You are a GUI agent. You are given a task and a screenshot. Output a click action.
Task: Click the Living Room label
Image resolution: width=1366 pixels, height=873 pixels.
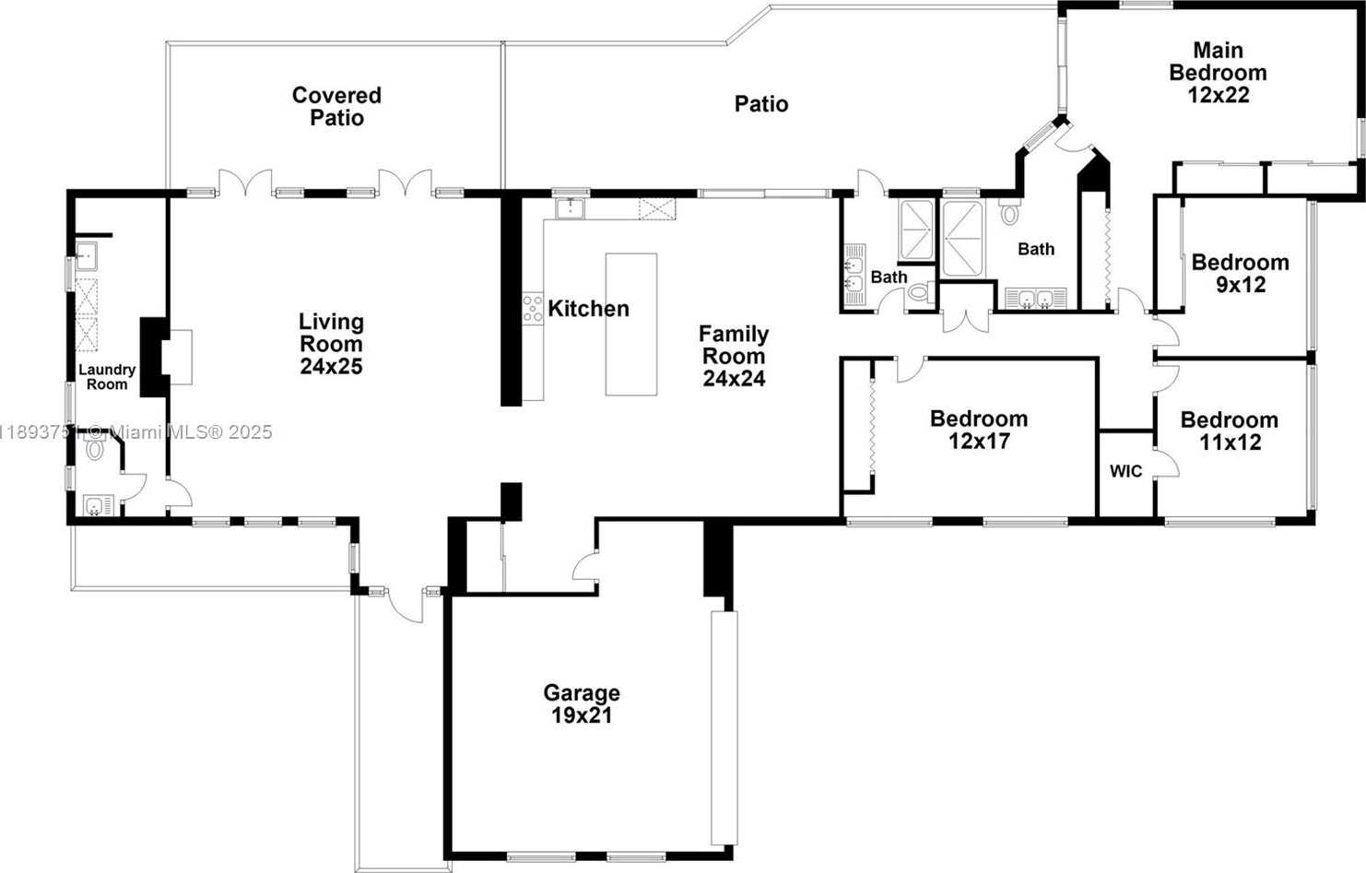click(331, 344)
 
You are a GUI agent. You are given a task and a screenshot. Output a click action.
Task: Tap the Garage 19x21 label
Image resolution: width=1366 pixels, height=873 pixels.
click(582, 703)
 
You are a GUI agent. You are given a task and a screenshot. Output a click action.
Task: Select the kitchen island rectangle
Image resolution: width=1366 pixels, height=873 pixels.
click(631, 324)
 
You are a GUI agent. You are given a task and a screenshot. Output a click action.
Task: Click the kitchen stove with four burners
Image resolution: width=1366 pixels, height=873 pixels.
click(533, 308)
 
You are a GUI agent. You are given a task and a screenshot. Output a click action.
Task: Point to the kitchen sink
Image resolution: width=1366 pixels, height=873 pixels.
click(570, 208)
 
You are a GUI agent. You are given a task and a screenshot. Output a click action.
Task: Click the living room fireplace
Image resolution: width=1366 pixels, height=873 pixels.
click(166, 357)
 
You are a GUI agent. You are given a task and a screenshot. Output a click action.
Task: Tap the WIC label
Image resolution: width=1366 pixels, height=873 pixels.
click(1125, 471)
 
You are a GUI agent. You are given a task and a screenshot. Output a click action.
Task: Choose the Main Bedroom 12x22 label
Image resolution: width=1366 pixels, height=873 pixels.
click(1218, 72)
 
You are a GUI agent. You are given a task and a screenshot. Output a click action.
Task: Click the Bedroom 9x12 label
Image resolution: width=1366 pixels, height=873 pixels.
click(1241, 273)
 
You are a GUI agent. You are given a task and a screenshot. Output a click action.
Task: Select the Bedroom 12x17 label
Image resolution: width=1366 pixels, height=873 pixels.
click(979, 430)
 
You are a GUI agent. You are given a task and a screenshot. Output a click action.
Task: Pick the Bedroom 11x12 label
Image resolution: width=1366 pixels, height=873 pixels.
click(1230, 431)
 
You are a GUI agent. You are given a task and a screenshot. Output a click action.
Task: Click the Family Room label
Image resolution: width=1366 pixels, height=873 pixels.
click(734, 356)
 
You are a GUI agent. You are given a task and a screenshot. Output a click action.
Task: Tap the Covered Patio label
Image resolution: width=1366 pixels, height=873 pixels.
click(336, 106)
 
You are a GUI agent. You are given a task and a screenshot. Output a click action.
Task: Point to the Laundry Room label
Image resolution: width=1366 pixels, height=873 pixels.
click(107, 377)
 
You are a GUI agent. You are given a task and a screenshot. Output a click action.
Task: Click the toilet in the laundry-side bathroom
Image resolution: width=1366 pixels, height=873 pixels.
click(95, 449)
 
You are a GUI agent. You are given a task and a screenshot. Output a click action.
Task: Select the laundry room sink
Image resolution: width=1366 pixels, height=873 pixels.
click(86, 255)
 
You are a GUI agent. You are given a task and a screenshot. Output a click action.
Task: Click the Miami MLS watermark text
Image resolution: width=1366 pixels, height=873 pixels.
click(136, 432)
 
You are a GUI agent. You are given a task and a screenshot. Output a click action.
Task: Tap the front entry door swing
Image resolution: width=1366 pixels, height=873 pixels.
click(405, 607)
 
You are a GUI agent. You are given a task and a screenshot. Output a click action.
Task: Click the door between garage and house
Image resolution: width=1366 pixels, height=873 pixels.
click(585, 567)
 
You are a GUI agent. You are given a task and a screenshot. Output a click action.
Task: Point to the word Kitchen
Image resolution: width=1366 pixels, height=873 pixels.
click(588, 309)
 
